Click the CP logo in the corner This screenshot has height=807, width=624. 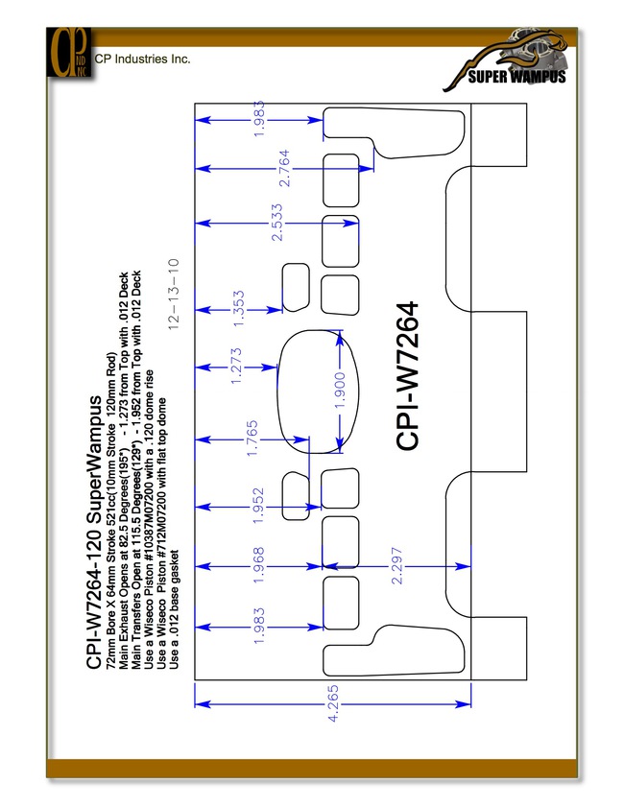(69, 53)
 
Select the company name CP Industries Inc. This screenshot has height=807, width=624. (143, 59)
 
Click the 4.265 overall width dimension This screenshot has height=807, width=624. (333, 703)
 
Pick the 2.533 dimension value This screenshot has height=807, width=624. (277, 223)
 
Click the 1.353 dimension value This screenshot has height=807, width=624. (238, 309)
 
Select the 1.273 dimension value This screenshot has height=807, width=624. (235, 367)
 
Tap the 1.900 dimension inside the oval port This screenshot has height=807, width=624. (340, 392)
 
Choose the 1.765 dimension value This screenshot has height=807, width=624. (252, 439)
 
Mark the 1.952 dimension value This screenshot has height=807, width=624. (258, 506)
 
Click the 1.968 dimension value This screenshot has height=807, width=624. (258, 565)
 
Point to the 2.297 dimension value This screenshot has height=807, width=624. (396, 565)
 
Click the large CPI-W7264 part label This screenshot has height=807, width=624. (407, 376)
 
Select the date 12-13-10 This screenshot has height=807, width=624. (174, 294)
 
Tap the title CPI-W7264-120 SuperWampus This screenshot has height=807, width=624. (94, 533)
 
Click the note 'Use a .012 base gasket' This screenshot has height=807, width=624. (174, 610)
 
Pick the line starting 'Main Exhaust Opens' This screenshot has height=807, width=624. (124, 470)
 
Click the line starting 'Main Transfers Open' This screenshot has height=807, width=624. (136, 469)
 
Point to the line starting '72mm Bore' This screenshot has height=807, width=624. (111, 510)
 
